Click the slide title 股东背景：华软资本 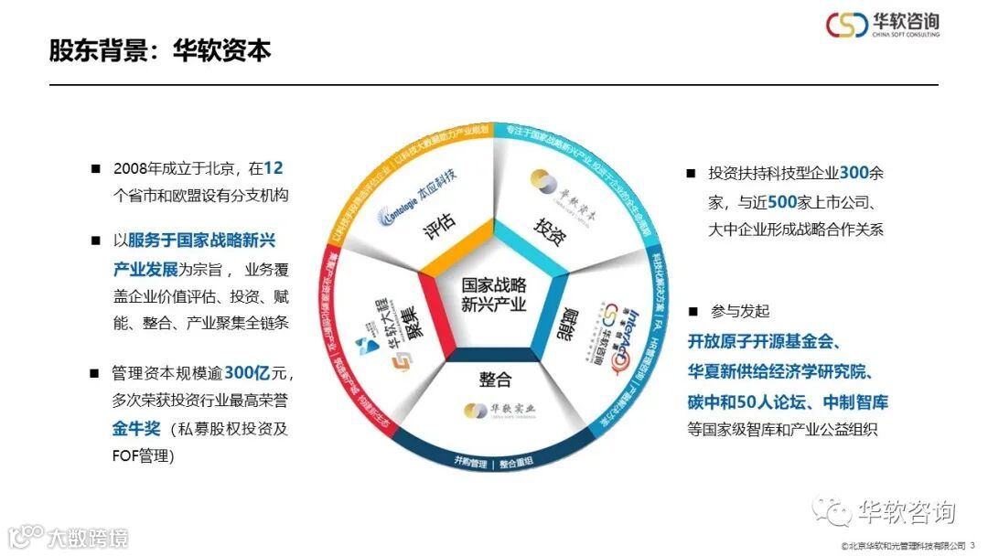(x=160, y=49)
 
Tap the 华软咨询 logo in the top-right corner (x=883, y=25)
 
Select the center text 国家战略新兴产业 (x=494, y=294)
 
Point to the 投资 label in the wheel (x=549, y=228)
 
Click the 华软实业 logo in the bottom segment (x=495, y=409)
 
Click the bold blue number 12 (x=273, y=168)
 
